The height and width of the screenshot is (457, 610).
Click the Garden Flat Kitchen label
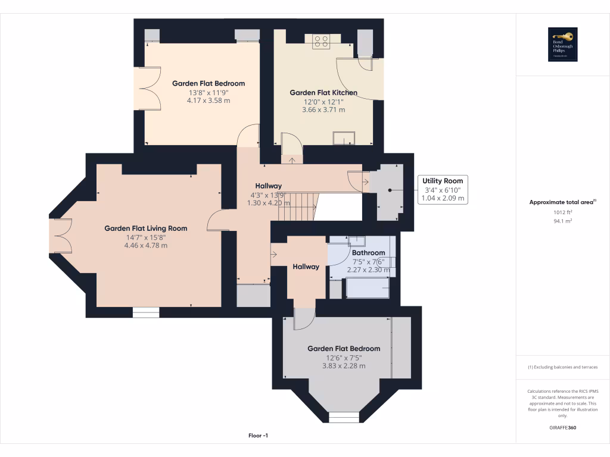pyautogui.click(x=323, y=93)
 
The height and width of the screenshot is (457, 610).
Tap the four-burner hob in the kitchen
pyautogui.click(x=321, y=40)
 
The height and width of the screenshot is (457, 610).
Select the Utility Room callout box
pyautogui.click(x=442, y=189)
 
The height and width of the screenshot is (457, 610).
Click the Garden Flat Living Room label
pyautogui.click(x=146, y=228)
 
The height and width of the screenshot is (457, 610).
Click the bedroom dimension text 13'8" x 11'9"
pyautogui.click(x=208, y=93)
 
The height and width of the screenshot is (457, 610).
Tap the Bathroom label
pyautogui.click(x=368, y=253)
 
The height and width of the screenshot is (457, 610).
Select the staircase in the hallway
pyautogui.click(x=298, y=206)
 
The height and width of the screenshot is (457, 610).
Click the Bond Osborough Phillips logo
pyautogui.click(x=563, y=45)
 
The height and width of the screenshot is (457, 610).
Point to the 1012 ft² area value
pyautogui.click(x=563, y=212)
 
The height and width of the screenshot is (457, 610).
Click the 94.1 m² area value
pyautogui.click(x=563, y=221)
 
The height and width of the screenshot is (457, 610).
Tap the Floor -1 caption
pyautogui.click(x=259, y=436)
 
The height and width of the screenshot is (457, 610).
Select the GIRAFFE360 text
pyautogui.click(x=563, y=428)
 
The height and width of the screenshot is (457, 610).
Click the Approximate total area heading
pyautogui.click(x=562, y=202)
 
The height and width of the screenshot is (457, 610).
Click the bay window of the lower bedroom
pyautogui.click(x=344, y=417)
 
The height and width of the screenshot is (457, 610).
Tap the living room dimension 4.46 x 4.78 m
pyautogui.click(x=146, y=245)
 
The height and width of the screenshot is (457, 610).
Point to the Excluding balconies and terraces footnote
pyautogui.click(x=563, y=367)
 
